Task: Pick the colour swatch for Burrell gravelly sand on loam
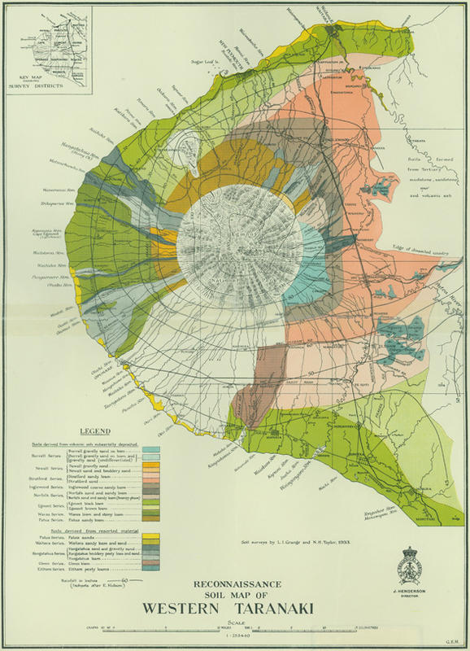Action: click(x=150, y=448)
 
